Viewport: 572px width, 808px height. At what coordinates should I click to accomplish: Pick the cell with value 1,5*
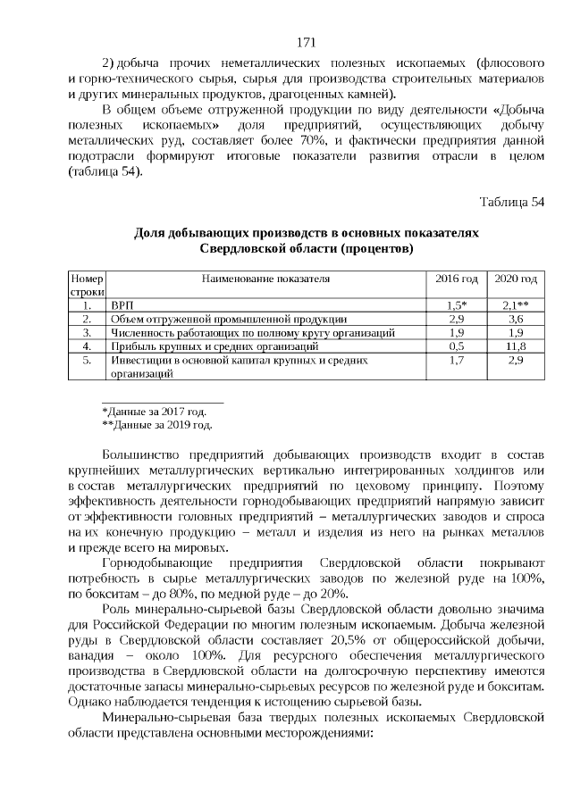click(x=456, y=304)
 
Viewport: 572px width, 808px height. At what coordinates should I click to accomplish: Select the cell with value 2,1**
click(x=516, y=304)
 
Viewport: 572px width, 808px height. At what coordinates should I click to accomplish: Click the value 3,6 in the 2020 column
click(x=516, y=318)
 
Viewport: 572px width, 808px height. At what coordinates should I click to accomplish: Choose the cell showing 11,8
click(x=516, y=346)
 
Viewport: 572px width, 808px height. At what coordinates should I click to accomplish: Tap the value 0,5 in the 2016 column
click(x=456, y=346)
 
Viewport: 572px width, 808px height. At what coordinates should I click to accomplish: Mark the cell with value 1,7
click(x=456, y=360)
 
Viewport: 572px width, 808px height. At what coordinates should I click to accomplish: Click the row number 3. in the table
click(x=88, y=332)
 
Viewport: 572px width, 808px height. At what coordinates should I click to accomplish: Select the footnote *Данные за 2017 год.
click(x=155, y=412)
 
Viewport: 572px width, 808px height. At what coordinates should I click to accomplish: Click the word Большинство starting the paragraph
click(x=142, y=457)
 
